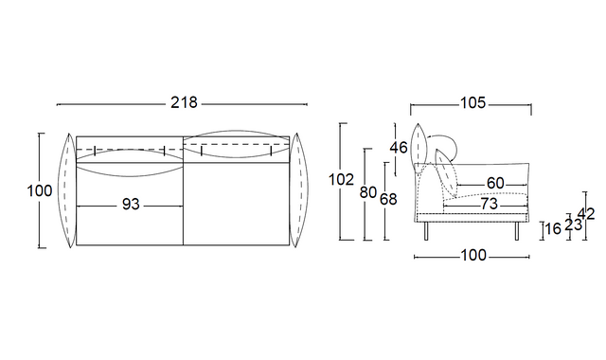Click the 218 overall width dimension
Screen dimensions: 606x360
pyautogui.click(x=184, y=103)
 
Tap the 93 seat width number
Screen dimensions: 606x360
pyautogui.click(x=131, y=205)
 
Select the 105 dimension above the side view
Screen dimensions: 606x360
pyautogui.click(x=472, y=103)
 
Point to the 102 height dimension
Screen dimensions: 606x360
pyautogui.click(x=341, y=180)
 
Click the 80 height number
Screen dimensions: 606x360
pyautogui.click(x=368, y=192)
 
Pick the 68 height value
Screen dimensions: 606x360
pyautogui.click(x=388, y=199)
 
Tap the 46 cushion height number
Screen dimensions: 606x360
pyautogui.click(x=399, y=148)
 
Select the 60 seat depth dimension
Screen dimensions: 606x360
pyautogui.click(x=495, y=183)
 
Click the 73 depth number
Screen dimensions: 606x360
pyautogui.click(x=490, y=204)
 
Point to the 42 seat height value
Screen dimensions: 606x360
pyautogui.click(x=586, y=214)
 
